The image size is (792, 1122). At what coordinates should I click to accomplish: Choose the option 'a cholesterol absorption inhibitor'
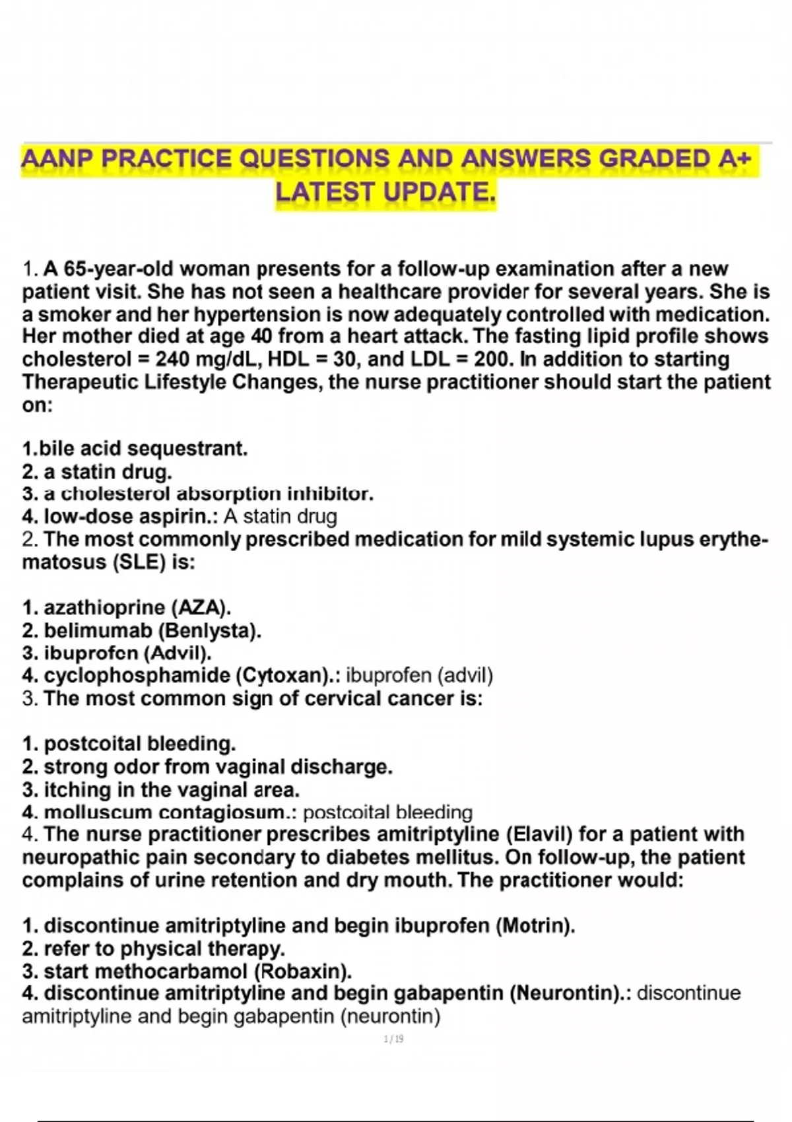[198, 494]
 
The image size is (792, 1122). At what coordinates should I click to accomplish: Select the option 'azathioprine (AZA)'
[127, 607]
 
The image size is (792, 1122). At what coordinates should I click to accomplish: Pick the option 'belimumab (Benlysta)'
[142, 630]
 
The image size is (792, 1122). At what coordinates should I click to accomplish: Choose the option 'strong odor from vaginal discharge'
[207, 767]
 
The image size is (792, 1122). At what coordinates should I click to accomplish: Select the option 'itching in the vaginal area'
[161, 790]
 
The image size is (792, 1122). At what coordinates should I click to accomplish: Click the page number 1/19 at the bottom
[393, 1039]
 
